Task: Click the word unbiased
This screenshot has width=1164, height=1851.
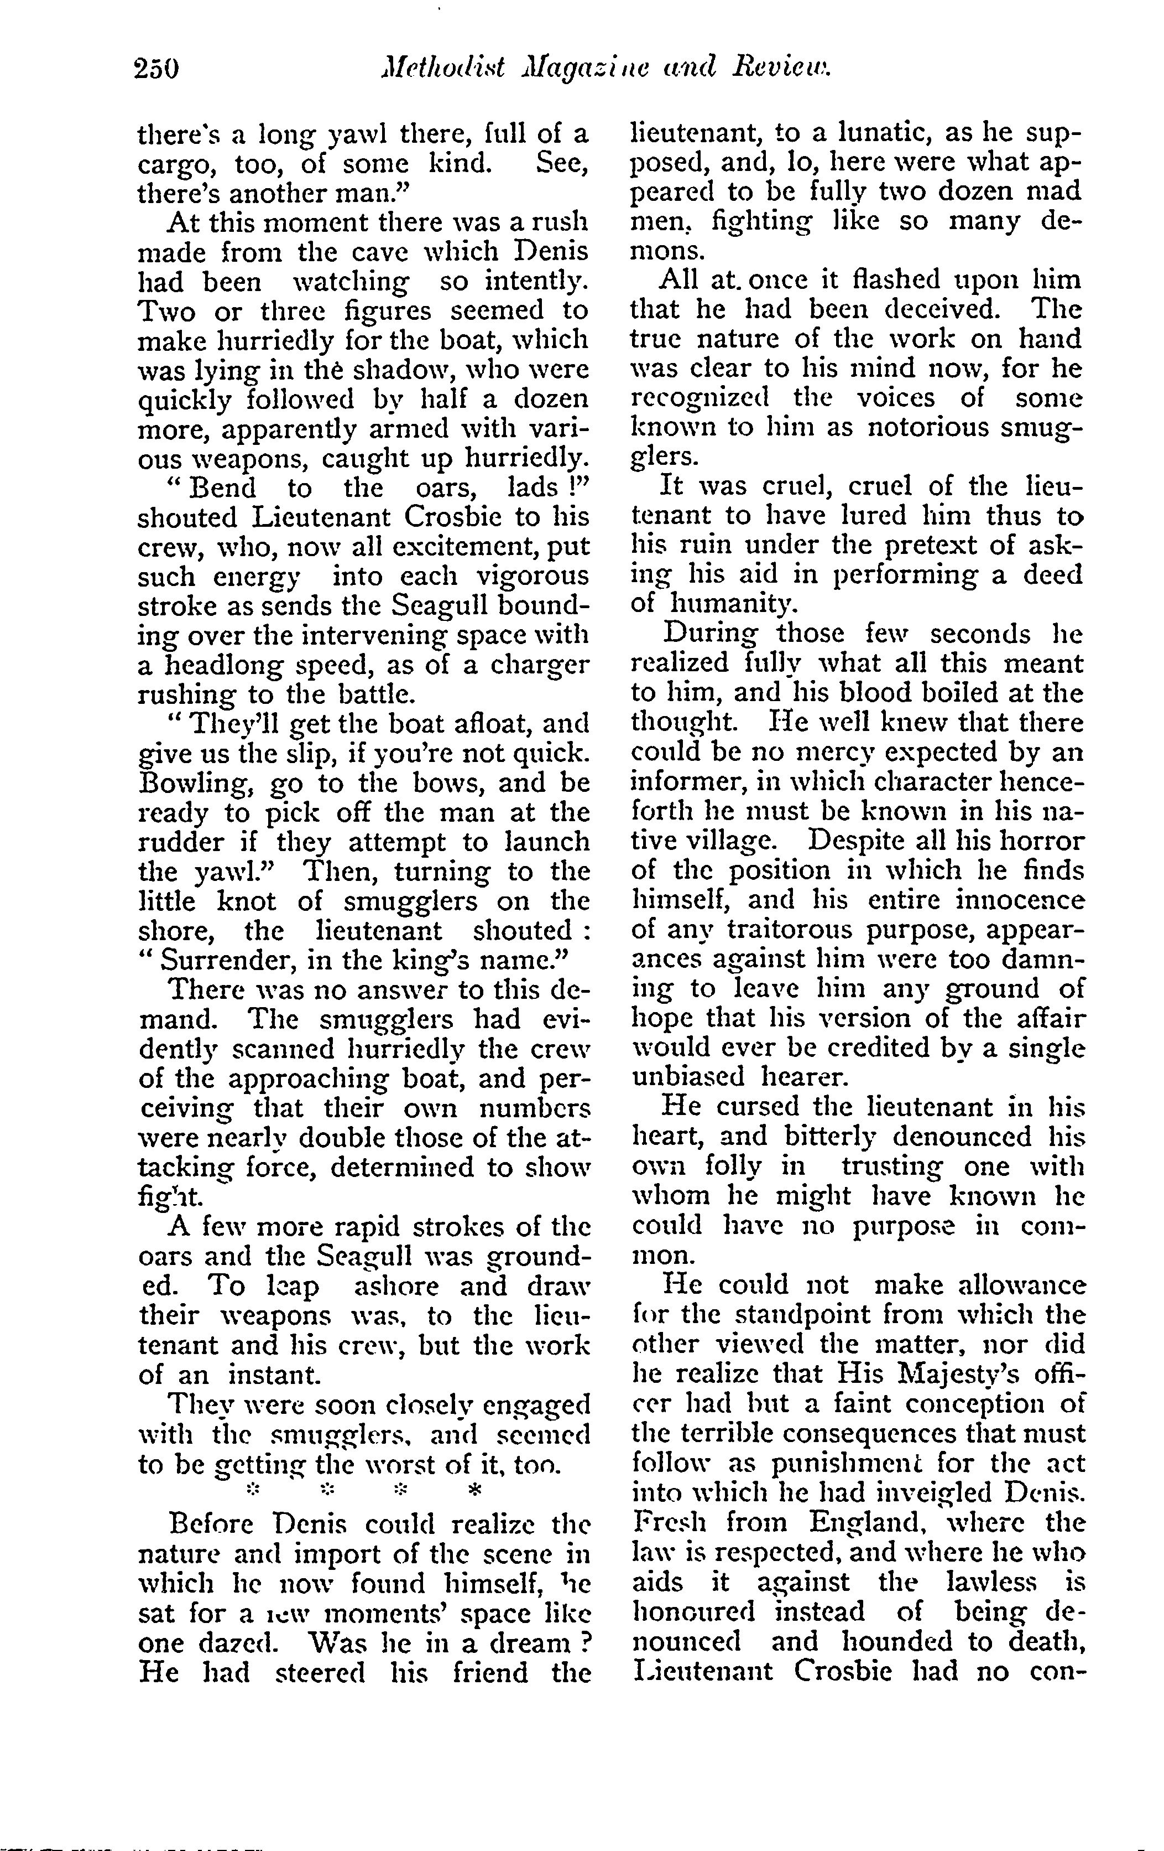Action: (687, 1077)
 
